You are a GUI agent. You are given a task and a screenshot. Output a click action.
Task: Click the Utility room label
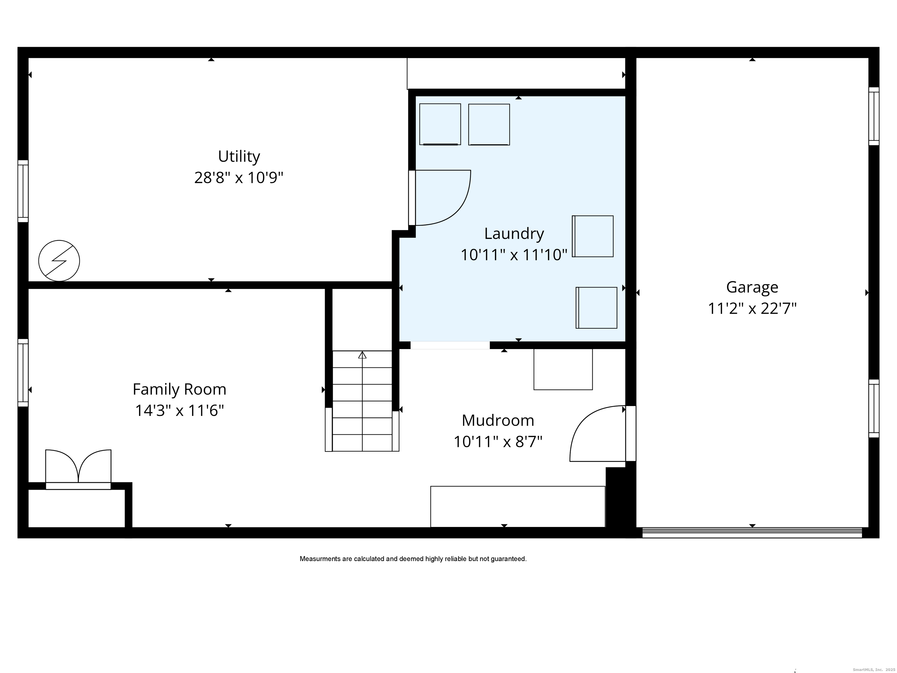(239, 157)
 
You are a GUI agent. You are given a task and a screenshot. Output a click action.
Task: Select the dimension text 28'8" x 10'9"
(239, 178)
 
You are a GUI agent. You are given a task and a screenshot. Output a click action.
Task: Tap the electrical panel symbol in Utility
(59, 261)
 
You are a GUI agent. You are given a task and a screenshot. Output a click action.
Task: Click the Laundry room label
(514, 234)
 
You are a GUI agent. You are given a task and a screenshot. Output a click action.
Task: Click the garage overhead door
(752, 532)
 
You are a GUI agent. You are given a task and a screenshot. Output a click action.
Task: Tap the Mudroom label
(498, 420)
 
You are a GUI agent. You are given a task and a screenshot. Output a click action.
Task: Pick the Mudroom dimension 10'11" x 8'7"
(498, 441)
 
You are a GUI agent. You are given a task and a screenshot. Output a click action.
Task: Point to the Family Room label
(180, 389)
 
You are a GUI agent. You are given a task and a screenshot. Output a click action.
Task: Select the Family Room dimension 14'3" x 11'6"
(180, 410)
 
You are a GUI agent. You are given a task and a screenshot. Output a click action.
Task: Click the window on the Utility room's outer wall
(23, 191)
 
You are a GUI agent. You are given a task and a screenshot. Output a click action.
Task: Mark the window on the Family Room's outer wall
(23, 373)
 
